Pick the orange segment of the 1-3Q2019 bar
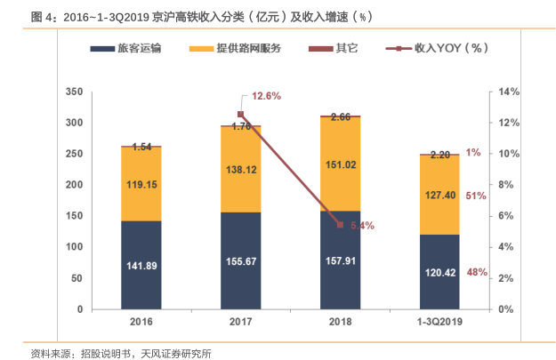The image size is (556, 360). tap(439, 195)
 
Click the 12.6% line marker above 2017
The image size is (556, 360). tap(240, 114)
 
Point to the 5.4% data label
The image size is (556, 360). tap(362, 226)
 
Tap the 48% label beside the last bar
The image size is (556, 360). tap(476, 272)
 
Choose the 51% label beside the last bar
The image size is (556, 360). tap(476, 196)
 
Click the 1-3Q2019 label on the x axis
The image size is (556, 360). tap(439, 322)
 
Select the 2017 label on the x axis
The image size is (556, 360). tap(240, 322)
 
